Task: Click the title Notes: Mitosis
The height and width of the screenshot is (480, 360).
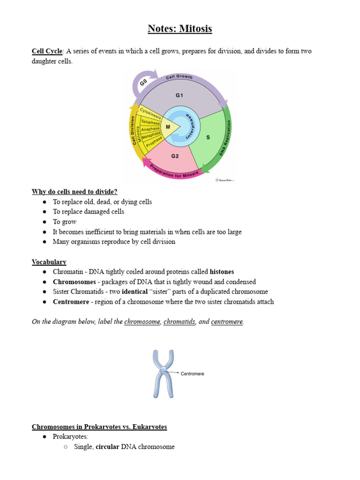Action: tap(180, 29)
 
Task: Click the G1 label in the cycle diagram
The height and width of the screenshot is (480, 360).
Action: tap(180, 95)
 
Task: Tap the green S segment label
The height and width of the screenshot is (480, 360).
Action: tap(208, 137)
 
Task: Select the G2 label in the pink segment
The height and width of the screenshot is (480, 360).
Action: tap(175, 156)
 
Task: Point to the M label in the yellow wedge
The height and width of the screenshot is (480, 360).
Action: tap(168, 127)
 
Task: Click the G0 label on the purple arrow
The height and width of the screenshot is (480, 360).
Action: tap(144, 84)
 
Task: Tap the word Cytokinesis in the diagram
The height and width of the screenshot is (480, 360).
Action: tap(150, 112)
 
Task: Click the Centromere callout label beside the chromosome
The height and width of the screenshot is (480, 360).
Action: tap(192, 374)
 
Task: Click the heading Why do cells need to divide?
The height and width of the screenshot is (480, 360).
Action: tap(75, 192)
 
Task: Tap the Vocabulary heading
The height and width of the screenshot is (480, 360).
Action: tap(49, 262)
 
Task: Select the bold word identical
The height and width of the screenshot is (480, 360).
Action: tap(135, 292)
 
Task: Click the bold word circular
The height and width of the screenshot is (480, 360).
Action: tap(107, 447)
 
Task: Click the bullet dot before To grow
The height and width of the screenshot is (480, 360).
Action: tap(44, 222)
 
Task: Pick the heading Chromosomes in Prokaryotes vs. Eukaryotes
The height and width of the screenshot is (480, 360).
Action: tap(99, 427)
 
